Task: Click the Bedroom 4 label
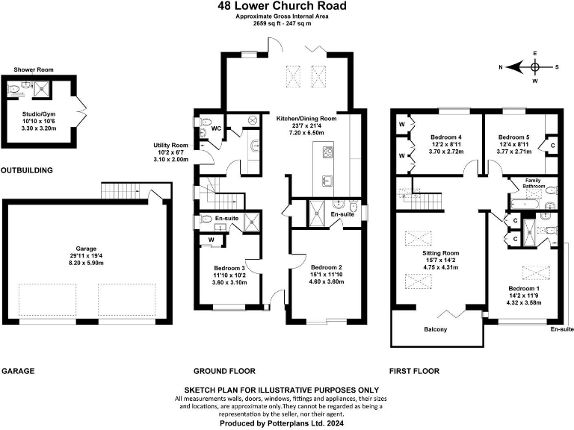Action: coord(446,137)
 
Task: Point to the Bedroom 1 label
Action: coord(524,288)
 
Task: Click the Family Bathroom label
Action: coord(533,184)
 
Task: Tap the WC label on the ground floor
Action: coord(217,128)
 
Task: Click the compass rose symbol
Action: coord(534,66)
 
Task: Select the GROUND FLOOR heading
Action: coord(224,371)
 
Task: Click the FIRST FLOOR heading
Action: coord(414,371)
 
